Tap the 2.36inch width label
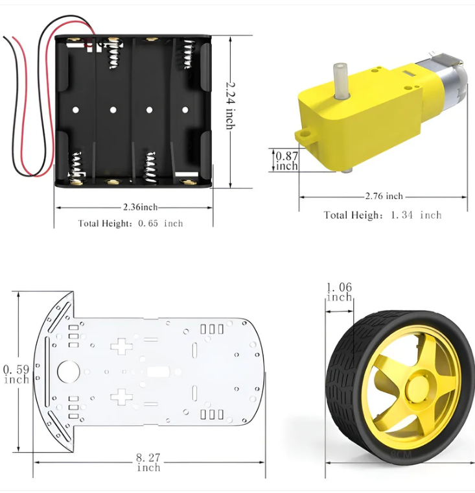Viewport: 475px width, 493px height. tap(140, 208)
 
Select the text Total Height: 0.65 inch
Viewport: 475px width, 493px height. tap(130, 224)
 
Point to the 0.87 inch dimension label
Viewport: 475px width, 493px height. tap(286, 161)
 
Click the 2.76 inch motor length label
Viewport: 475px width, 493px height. tap(384, 196)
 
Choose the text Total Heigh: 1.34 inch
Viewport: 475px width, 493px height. tap(382, 215)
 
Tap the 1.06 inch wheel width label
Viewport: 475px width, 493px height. tap(339, 293)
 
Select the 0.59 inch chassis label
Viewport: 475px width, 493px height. tap(16, 374)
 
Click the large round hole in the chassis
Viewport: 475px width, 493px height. tap(68, 372)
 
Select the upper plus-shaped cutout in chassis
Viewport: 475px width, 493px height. tap(121, 346)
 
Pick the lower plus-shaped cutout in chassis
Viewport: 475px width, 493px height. tap(121, 396)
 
